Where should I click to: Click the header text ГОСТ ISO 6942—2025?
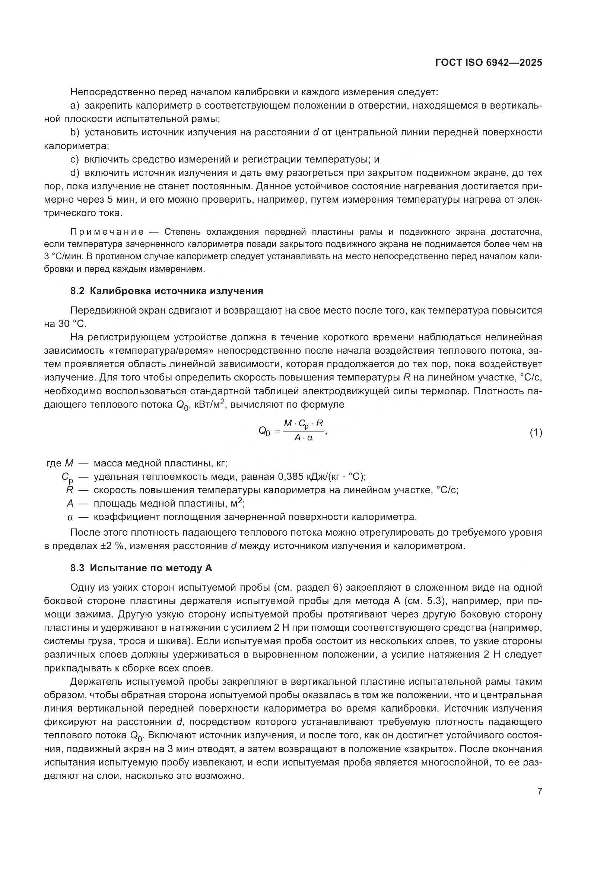(489, 63)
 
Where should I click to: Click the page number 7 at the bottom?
(539, 791)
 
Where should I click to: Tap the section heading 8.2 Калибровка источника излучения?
(166, 291)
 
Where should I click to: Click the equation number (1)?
(536, 432)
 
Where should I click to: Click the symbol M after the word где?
(69, 463)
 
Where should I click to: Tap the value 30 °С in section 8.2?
(72, 324)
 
